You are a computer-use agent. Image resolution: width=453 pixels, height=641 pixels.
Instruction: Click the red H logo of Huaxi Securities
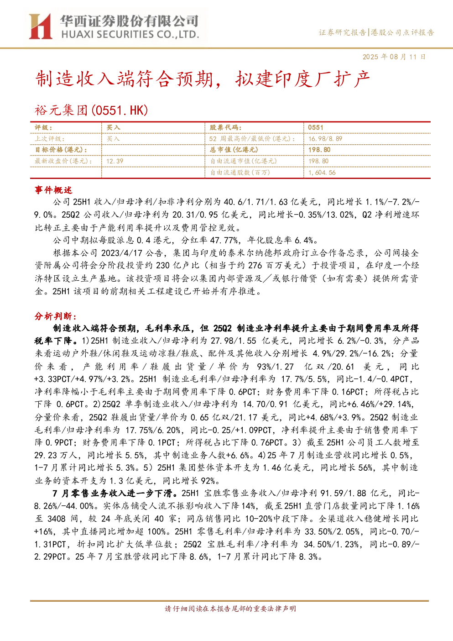tap(41, 26)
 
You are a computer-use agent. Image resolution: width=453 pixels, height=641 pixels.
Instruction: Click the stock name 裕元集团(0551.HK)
tap(91, 110)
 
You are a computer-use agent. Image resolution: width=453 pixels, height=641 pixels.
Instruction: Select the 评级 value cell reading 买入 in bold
tap(113, 128)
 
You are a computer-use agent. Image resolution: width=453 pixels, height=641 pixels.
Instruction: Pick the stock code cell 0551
tap(315, 128)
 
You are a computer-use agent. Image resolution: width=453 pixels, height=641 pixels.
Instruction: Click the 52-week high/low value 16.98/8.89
tap(325, 139)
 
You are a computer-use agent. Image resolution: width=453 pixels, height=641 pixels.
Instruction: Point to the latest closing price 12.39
tap(115, 161)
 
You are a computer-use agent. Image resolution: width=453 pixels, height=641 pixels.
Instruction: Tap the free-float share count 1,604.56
tap(322, 173)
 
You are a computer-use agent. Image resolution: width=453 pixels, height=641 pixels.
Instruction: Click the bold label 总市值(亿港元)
tap(234, 150)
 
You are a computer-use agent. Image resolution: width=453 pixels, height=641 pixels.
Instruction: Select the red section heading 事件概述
tap(53, 190)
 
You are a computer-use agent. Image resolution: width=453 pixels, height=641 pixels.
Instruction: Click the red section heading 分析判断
tap(56, 316)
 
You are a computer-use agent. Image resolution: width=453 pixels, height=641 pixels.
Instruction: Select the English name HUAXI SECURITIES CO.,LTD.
tap(130, 35)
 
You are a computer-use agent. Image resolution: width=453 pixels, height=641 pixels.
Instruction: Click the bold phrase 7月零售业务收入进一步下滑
tap(113, 493)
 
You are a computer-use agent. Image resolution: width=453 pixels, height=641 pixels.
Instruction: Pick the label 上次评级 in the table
tap(49, 139)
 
